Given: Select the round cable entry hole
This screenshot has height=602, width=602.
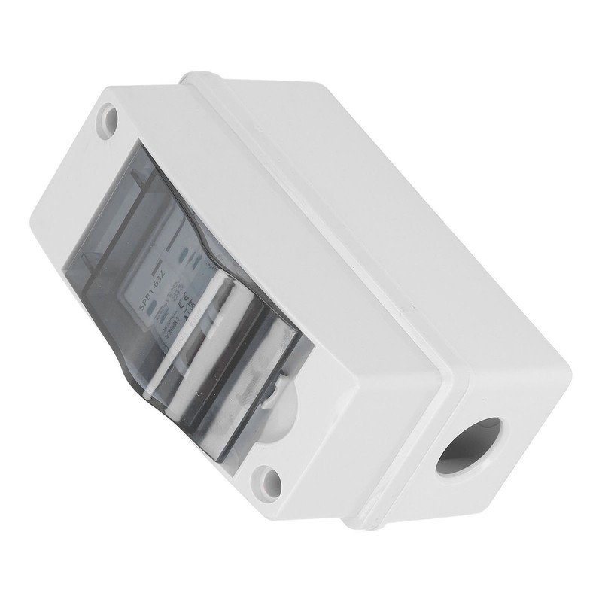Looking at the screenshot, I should [x=468, y=444].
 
